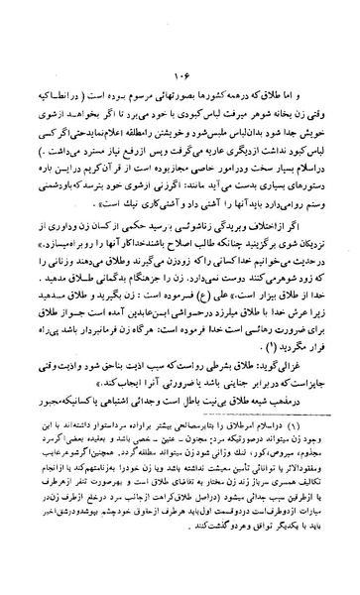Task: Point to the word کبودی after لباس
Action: click(x=188, y=102)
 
